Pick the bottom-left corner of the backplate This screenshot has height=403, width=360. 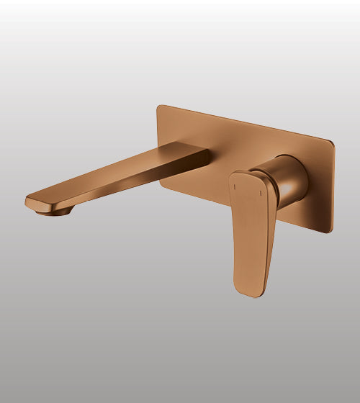[x=160, y=186]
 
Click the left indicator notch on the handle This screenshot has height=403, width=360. [x=235, y=186]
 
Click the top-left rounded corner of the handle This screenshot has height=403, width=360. [x=233, y=175]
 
